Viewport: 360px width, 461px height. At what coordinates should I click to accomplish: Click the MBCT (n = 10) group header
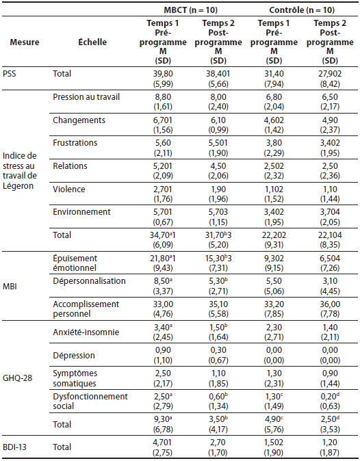190,10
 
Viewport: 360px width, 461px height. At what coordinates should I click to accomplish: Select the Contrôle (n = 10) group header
302,10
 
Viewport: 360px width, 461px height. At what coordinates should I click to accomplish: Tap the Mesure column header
25,42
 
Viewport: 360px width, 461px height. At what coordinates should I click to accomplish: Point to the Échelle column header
92,42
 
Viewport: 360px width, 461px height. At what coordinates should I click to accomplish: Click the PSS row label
10,73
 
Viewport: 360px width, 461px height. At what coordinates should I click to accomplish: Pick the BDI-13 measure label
14,447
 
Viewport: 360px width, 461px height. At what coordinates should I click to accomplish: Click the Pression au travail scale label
86,97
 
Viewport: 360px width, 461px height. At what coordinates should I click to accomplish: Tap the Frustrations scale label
75,143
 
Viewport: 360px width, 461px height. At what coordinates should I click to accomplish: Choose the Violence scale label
69,189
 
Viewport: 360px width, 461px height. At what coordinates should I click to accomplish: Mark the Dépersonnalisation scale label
89,281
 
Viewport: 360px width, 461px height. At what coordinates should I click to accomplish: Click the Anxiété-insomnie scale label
86,332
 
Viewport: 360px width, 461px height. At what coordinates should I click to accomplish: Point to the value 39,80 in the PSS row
163,74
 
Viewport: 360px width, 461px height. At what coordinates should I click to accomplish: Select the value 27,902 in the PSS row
330,74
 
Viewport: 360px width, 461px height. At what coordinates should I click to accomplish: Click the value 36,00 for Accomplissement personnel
330,304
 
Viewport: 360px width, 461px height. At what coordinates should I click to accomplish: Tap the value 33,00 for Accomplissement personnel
163,304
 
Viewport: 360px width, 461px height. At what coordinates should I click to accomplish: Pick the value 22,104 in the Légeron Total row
330,235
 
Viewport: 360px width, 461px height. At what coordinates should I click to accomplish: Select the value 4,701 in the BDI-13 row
163,443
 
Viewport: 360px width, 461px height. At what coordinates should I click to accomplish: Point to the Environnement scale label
81,212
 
